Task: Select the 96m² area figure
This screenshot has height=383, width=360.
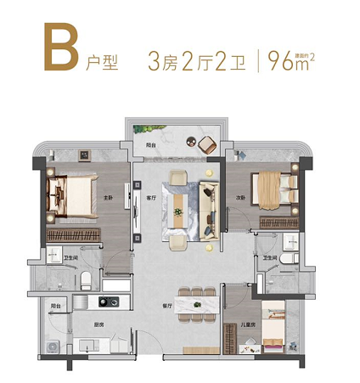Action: [290, 60]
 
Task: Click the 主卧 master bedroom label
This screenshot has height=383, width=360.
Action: [108, 198]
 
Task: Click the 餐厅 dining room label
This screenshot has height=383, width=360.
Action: [167, 304]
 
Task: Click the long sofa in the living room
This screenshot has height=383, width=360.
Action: [208, 205]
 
